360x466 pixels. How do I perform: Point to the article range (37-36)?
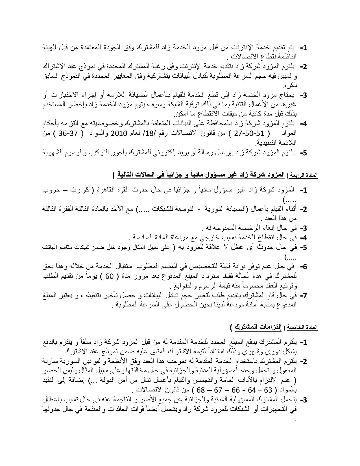(68, 133)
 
